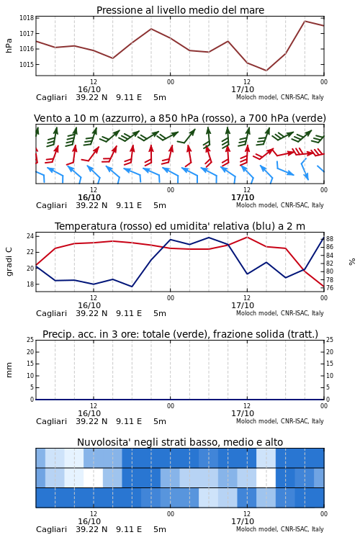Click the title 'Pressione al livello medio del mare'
[180, 10]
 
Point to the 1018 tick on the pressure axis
[27, 18]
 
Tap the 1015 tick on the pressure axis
[27, 64]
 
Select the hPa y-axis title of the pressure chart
[9, 45]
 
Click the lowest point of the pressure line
[266, 71]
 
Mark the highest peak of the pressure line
[305, 21]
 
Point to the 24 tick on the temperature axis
[30, 236]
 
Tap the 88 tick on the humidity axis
[330, 238]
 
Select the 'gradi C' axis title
[9, 262]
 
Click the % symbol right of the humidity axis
[352, 262]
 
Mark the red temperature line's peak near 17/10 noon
[247, 237]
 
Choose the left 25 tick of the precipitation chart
[30, 340]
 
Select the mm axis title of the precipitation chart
[9, 370]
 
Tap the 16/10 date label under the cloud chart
[89, 521]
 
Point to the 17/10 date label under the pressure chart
[243, 89]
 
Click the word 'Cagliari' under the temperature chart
[51, 313]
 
